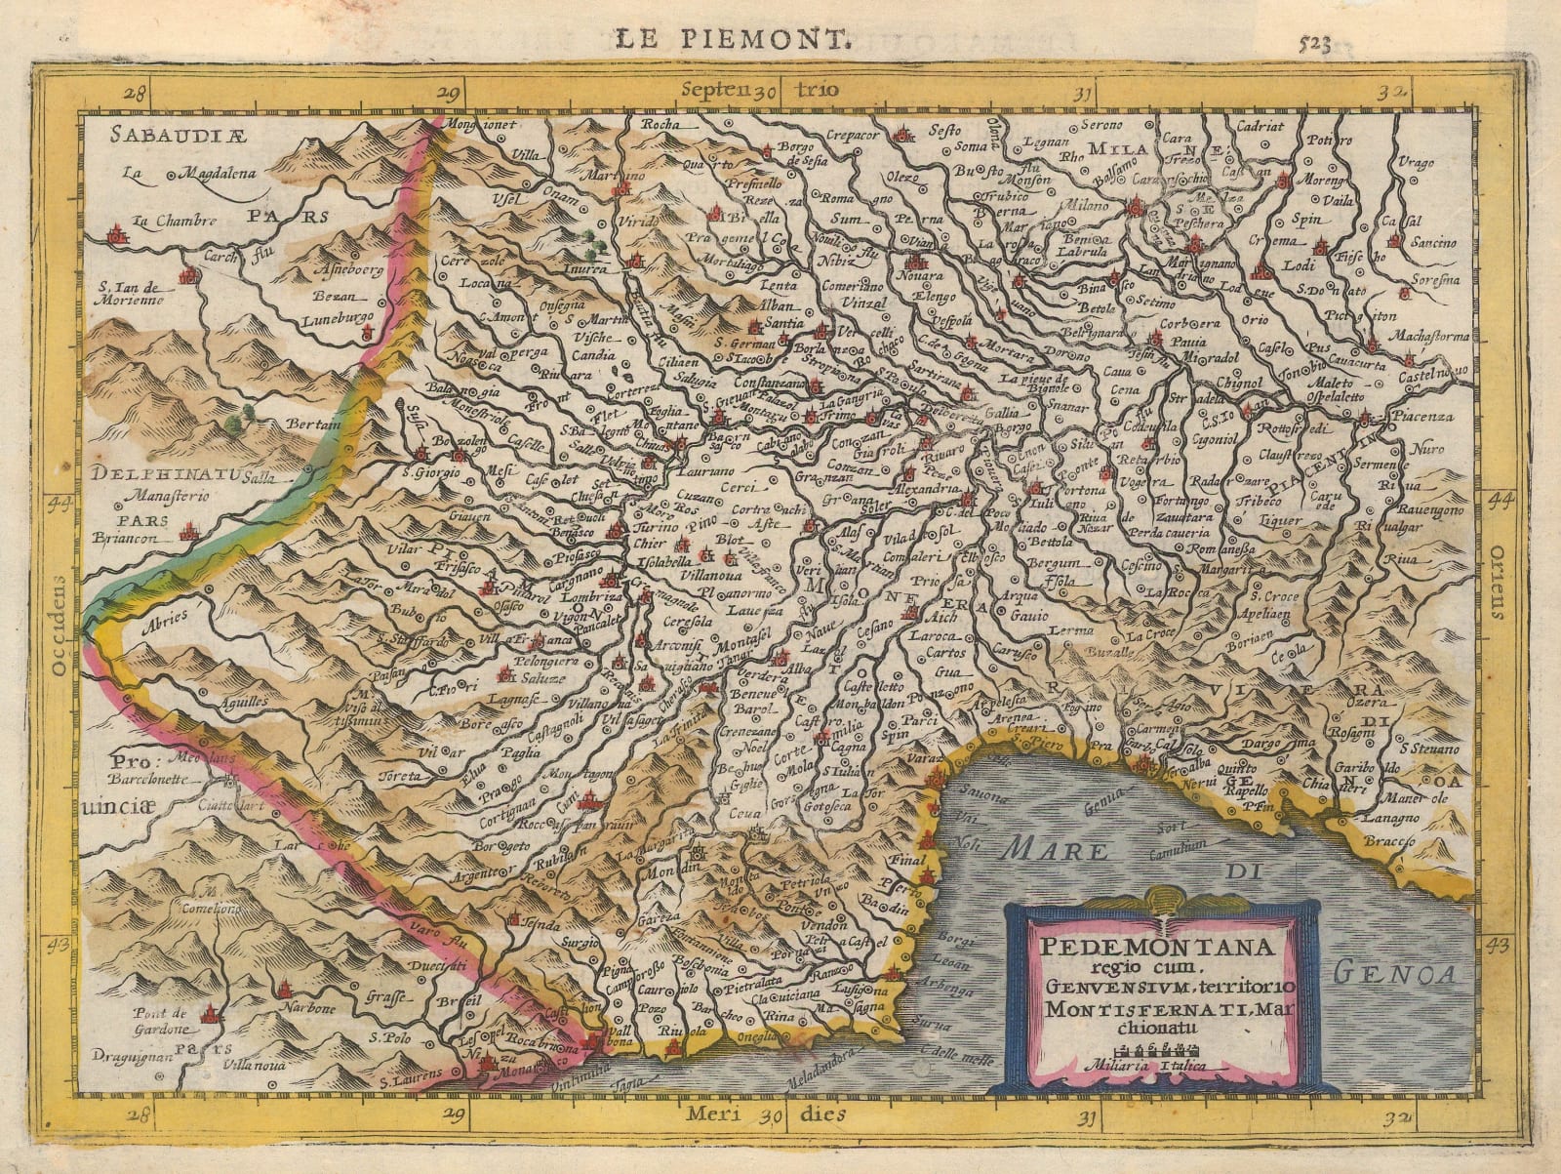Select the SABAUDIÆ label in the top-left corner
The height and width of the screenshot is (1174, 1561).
click(193, 134)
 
